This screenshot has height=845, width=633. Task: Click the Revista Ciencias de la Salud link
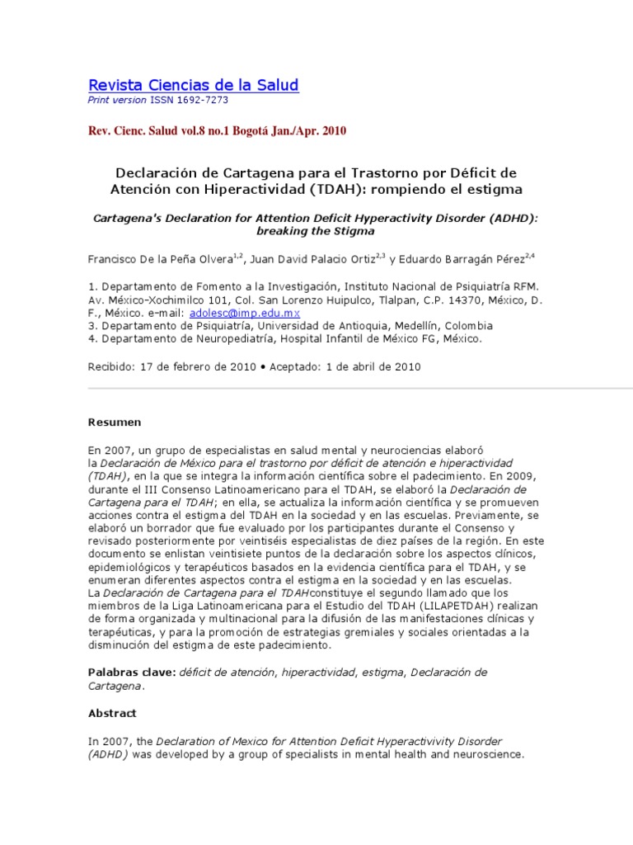point(193,85)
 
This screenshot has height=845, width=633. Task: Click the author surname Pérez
point(507,259)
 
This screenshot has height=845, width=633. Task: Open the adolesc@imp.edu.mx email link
point(245,314)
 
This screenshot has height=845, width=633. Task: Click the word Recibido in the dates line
point(110,366)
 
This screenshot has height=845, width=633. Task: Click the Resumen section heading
point(115,422)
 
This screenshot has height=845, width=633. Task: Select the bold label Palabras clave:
point(132,673)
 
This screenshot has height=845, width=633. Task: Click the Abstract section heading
point(112,713)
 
